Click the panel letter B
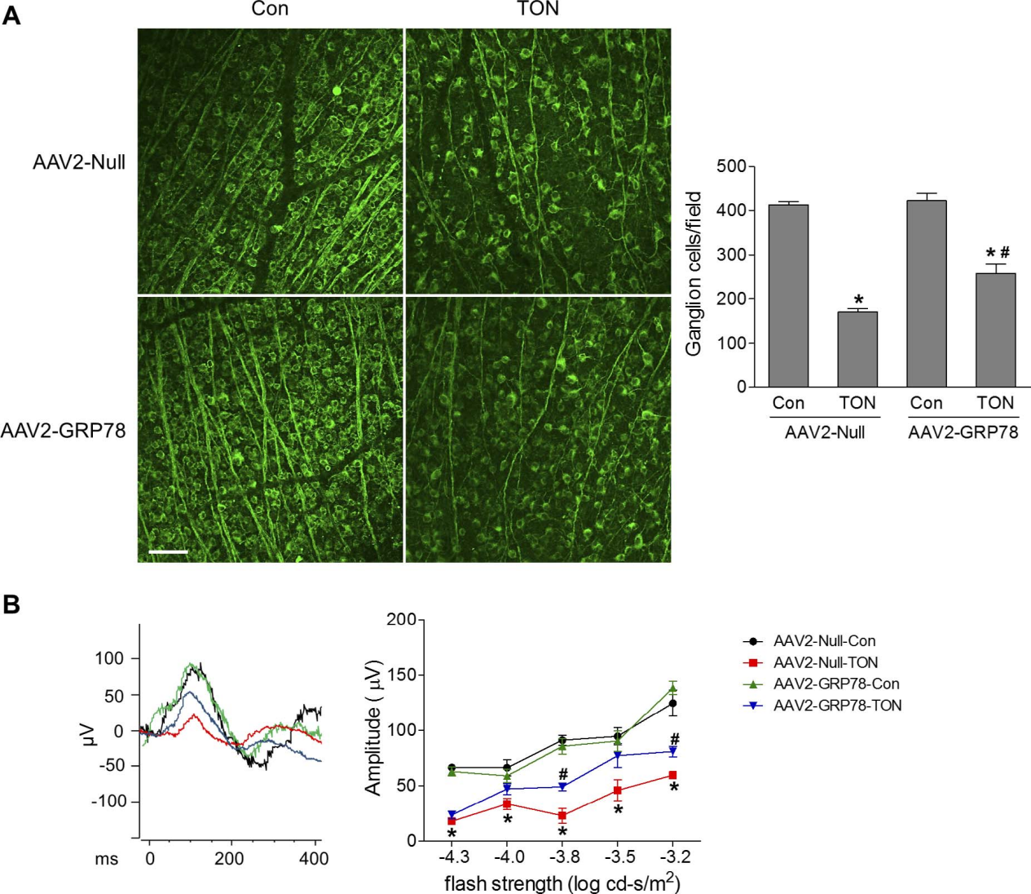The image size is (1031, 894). [11, 604]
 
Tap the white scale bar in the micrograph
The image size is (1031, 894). [169, 552]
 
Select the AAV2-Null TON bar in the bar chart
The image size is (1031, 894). [857, 349]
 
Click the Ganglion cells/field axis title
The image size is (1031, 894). [694, 273]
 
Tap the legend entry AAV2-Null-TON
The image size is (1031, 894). [826, 662]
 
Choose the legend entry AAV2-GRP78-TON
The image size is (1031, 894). [837, 706]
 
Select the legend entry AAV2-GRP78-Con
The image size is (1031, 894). [836, 684]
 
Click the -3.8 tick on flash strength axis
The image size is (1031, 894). [563, 856]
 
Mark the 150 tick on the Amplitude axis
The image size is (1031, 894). [401, 675]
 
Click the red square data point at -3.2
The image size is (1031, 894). [672, 775]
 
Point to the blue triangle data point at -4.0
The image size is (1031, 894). [507, 789]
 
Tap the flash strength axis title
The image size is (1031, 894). [562, 883]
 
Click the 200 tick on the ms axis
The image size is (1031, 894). [229, 858]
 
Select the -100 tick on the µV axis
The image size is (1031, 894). [108, 801]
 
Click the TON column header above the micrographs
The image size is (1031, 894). [538, 9]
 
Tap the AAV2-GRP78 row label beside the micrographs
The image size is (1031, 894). [64, 430]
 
